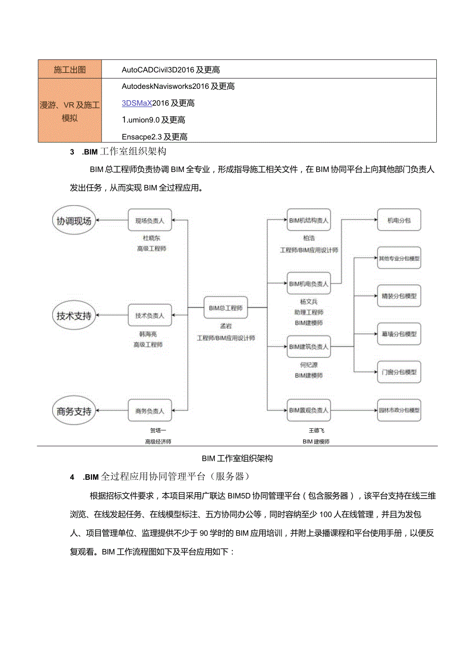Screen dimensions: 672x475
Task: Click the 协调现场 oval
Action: coord(74,221)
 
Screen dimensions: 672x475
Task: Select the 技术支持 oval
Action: coord(74,315)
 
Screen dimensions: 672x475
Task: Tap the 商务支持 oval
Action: coord(74,411)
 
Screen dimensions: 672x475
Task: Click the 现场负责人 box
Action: coord(150,221)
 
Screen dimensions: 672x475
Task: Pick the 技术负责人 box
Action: coord(150,315)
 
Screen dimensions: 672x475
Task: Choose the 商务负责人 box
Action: coord(150,411)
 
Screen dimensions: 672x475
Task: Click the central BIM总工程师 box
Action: coord(226,308)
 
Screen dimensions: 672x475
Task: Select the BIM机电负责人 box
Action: coord(309,284)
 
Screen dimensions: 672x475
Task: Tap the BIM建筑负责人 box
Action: coord(309,347)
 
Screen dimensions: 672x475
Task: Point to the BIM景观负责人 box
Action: coord(309,410)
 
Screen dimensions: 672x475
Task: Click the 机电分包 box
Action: coord(399,220)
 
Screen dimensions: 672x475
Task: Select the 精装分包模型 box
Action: coord(399,296)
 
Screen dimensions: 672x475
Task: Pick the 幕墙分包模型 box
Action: coord(399,334)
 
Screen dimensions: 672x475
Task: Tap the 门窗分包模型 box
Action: coord(399,372)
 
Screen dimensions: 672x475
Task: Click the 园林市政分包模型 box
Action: coord(399,410)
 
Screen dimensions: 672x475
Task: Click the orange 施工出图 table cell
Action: coord(70,70)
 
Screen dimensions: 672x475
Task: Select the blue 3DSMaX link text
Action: coord(137,103)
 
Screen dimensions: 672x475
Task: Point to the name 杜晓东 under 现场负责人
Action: coord(150,238)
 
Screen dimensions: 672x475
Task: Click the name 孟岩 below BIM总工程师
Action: coord(226,327)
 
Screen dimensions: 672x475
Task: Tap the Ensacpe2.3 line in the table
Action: coord(154,137)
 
